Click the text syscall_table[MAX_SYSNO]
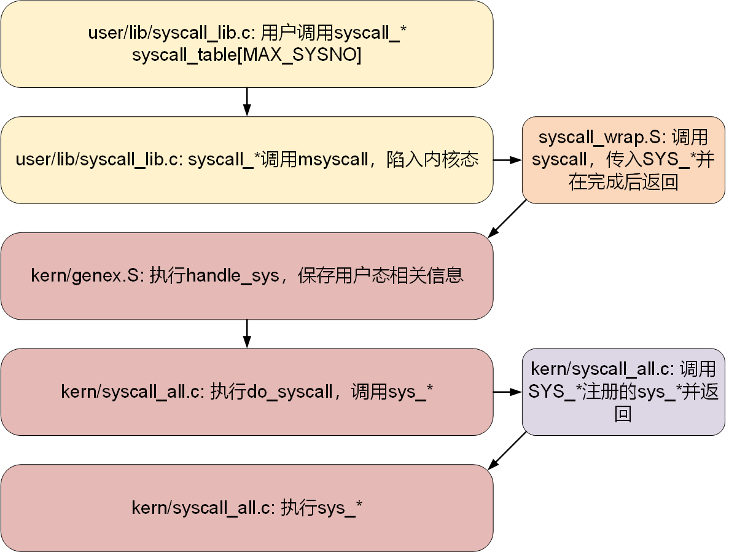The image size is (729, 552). pos(246,55)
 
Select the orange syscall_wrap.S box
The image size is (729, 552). pos(623,160)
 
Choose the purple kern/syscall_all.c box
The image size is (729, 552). pos(623,392)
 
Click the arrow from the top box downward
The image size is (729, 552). pos(247,101)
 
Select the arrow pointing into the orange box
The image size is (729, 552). pos(507,160)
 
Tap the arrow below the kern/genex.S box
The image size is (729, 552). pos(247,333)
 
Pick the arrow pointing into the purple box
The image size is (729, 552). pos(507,392)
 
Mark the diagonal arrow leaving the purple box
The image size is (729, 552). pos(508,451)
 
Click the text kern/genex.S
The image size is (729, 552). pos(87,275)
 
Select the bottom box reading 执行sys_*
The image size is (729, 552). pos(247,508)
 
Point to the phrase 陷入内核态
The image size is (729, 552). pos(432,160)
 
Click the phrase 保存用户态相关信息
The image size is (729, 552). pos(381,275)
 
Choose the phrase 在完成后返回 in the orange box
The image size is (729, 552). pos(623,183)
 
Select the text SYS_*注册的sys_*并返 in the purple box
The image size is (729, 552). pos(623,392)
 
